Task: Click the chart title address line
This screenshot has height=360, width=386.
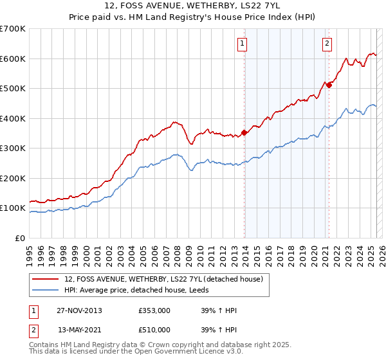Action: click(x=193, y=7)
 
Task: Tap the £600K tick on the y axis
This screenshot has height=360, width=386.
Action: click(x=13, y=59)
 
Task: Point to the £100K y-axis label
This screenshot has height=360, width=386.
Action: click(x=13, y=208)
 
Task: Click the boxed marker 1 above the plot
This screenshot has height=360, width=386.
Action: click(x=243, y=44)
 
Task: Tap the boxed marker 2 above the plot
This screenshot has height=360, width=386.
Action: click(x=327, y=44)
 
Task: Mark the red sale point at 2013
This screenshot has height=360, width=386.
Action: click(x=244, y=132)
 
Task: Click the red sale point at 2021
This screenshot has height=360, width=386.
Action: click(x=329, y=85)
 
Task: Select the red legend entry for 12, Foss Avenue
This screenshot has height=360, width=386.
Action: click(x=163, y=279)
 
